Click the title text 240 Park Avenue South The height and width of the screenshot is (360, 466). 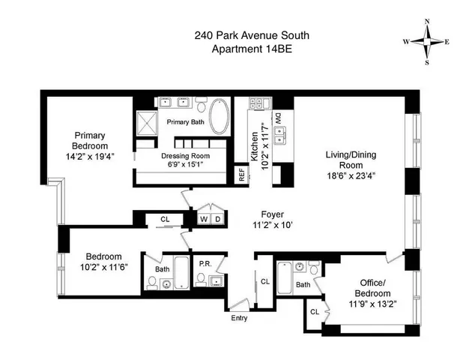click(x=232, y=35)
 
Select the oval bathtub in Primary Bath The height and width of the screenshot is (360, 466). click(x=219, y=118)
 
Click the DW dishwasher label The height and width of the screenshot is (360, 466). click(x=277, y=118)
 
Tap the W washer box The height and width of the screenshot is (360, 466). click(x=202, y=219)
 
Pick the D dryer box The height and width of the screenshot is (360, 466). click(x=217, y=219)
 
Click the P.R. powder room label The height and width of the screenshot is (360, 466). click(x=205, y=263)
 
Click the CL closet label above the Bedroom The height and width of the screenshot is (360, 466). click(x=166, y=219)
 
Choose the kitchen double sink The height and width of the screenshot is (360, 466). click(x=282, y=136)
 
